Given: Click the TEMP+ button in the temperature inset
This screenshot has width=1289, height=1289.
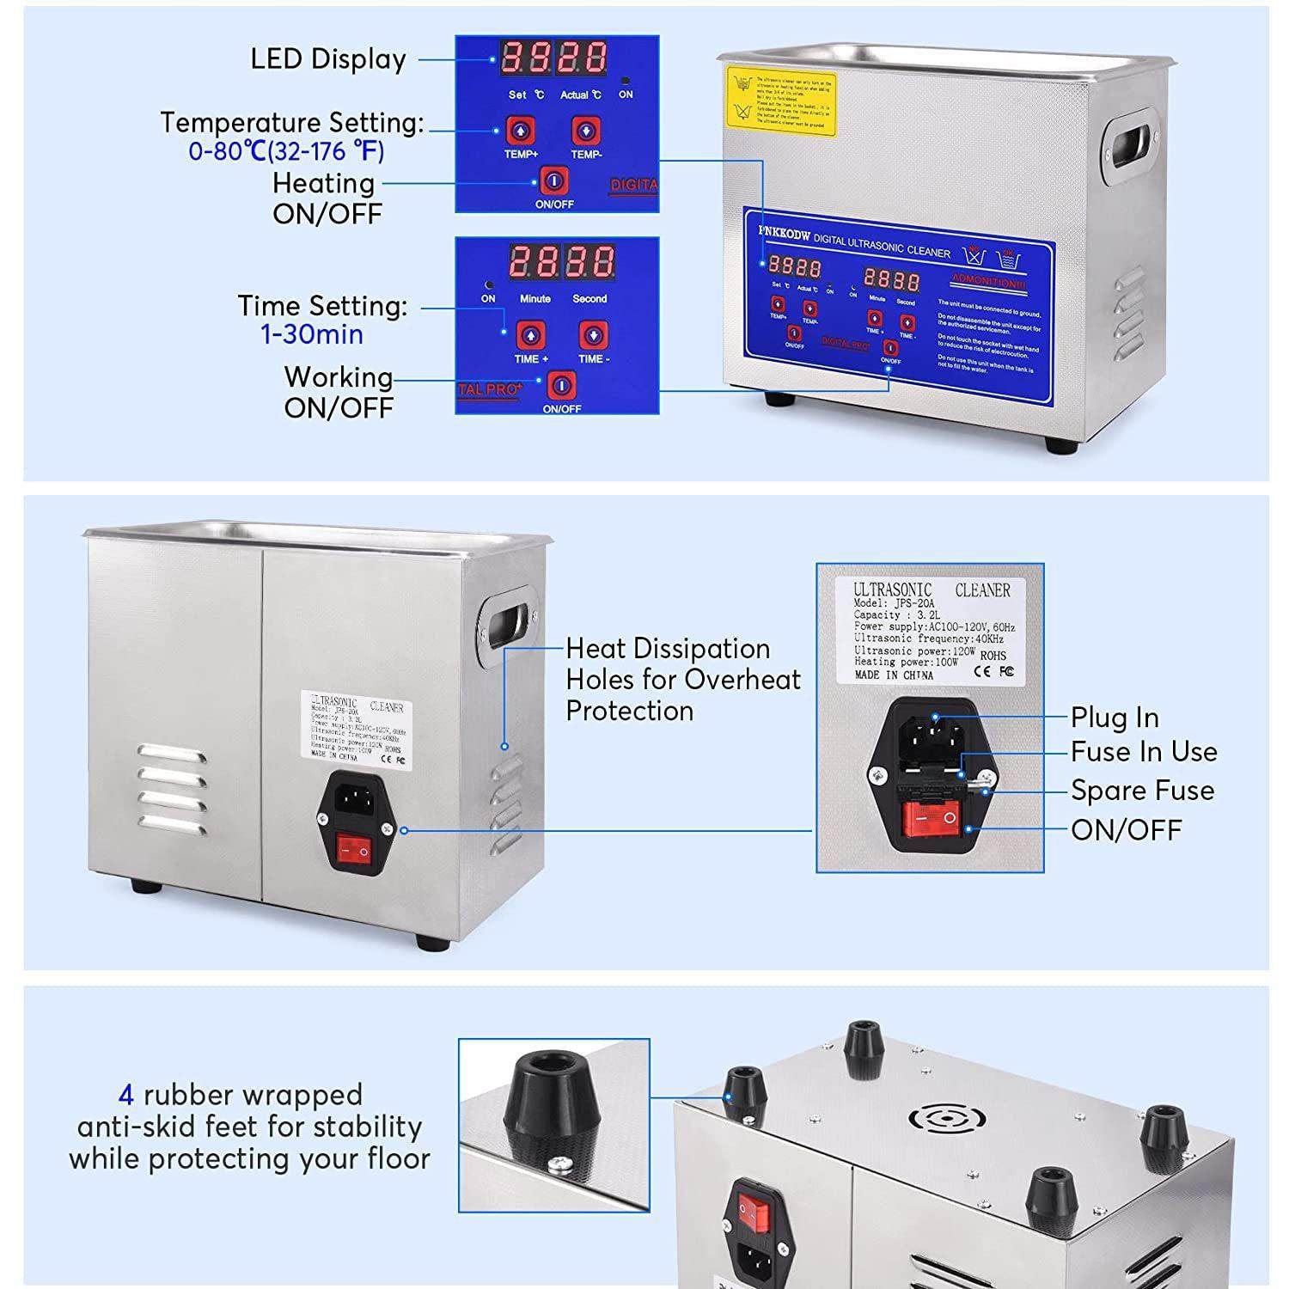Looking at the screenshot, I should [520, 131].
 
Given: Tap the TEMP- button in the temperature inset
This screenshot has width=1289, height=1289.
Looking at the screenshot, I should [586, 131].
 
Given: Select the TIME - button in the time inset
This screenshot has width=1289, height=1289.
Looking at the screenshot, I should [592, 335].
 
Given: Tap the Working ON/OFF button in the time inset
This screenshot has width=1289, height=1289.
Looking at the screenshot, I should [560, 385].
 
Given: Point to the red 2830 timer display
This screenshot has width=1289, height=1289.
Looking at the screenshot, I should [562, 261].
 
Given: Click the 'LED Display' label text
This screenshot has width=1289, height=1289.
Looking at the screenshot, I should [328, 59].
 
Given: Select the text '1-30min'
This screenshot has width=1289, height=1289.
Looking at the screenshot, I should [312, 334].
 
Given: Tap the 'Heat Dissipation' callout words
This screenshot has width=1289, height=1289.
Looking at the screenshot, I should [668, 648].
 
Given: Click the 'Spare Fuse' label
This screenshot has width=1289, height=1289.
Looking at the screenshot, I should [1142, 791].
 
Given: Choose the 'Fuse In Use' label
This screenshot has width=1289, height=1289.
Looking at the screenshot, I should [1144, 752].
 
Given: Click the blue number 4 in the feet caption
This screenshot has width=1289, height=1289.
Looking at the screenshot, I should [126, 1095].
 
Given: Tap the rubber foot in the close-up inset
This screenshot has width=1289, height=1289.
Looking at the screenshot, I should [547, 1109].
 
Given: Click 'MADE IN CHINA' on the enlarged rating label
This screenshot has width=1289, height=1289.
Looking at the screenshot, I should [894, 675].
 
